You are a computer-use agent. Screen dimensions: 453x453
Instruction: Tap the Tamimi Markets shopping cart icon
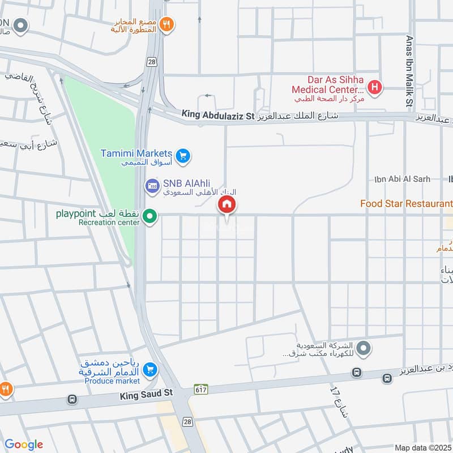[x=182, y=155]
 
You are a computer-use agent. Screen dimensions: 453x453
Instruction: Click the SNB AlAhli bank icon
[x=152, y=185]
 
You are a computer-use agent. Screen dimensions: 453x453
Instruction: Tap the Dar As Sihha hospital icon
[x=374, y=88]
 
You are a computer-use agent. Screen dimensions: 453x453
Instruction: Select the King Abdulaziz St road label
[x=218, y=116]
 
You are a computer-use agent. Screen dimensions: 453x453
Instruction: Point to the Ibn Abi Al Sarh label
[x=402, y=179]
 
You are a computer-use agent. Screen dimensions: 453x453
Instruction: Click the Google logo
[x=24, y=445]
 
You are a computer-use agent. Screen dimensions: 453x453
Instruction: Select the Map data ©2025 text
[x=422, y=448]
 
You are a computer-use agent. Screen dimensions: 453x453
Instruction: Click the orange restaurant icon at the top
[x=166, y=24]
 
